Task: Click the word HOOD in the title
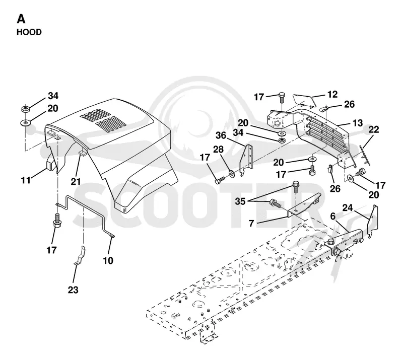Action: click(29, 32)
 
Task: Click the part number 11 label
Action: click(26, 180)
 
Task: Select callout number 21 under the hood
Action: click(76, 182)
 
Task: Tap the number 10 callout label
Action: click(108, 260)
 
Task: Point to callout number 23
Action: click(73, 290)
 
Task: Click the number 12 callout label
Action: click(332, 94)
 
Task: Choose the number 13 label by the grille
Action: click(358, 123)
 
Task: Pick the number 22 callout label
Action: click(374, 129)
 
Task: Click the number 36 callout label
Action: click(221, 135)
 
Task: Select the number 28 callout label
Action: click(218, 150)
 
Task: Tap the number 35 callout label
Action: click(240, 201)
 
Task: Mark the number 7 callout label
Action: click(251, 224)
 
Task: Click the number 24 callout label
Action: click(348, 207)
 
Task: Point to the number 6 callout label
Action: click(333, 217)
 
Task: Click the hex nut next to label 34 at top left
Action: click(25, 109)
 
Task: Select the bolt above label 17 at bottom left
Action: click(57, 221)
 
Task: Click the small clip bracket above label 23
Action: click(80, 256)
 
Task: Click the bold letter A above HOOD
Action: click(21, 19)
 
